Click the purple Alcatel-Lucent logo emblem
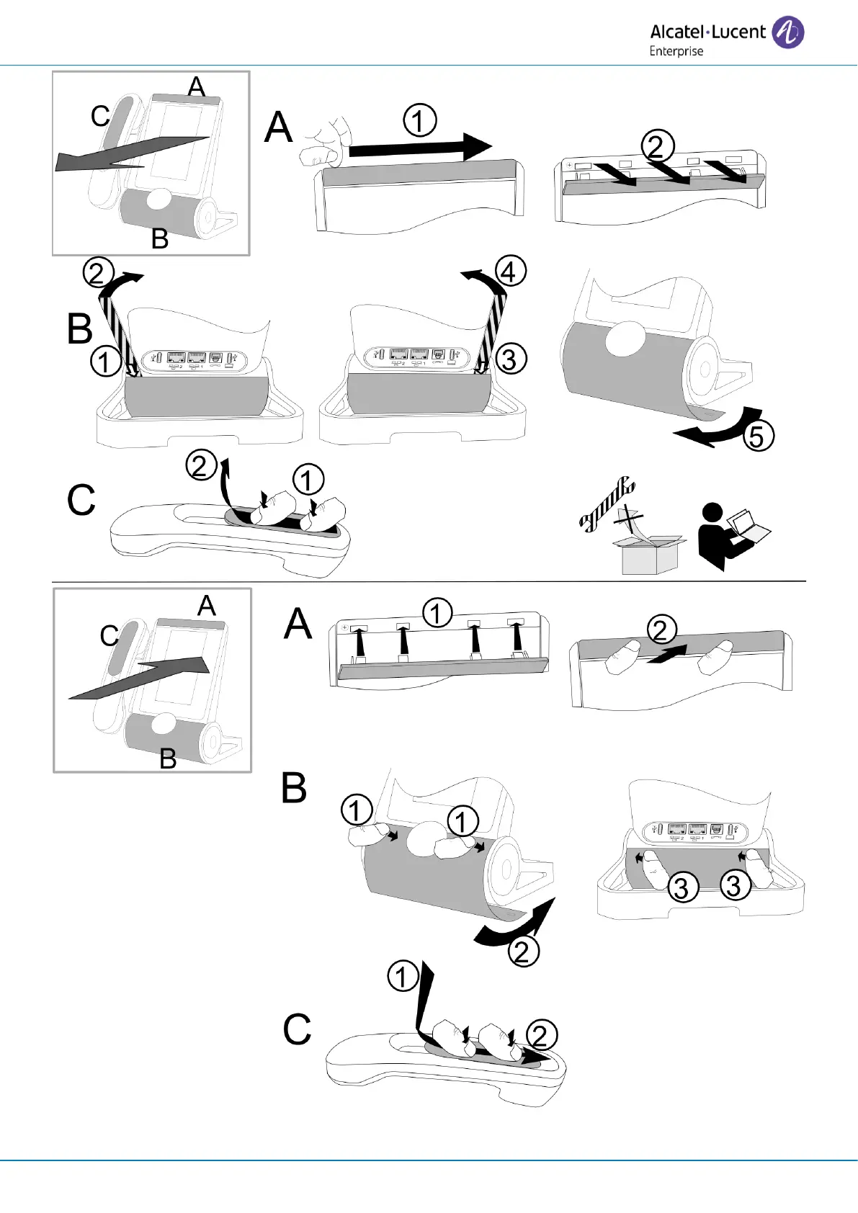787,32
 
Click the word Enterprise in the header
676,51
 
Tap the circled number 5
757,437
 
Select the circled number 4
511,272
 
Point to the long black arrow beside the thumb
418,148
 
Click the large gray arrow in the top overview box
130,154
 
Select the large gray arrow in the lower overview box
140,678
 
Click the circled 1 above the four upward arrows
437,613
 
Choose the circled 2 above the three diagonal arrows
657,146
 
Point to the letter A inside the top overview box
196,87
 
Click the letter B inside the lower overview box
167,758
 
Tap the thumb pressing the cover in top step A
322,144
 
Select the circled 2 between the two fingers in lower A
661,629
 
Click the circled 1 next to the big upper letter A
419,120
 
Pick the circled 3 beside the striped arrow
509,359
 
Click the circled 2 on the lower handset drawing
541,1036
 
